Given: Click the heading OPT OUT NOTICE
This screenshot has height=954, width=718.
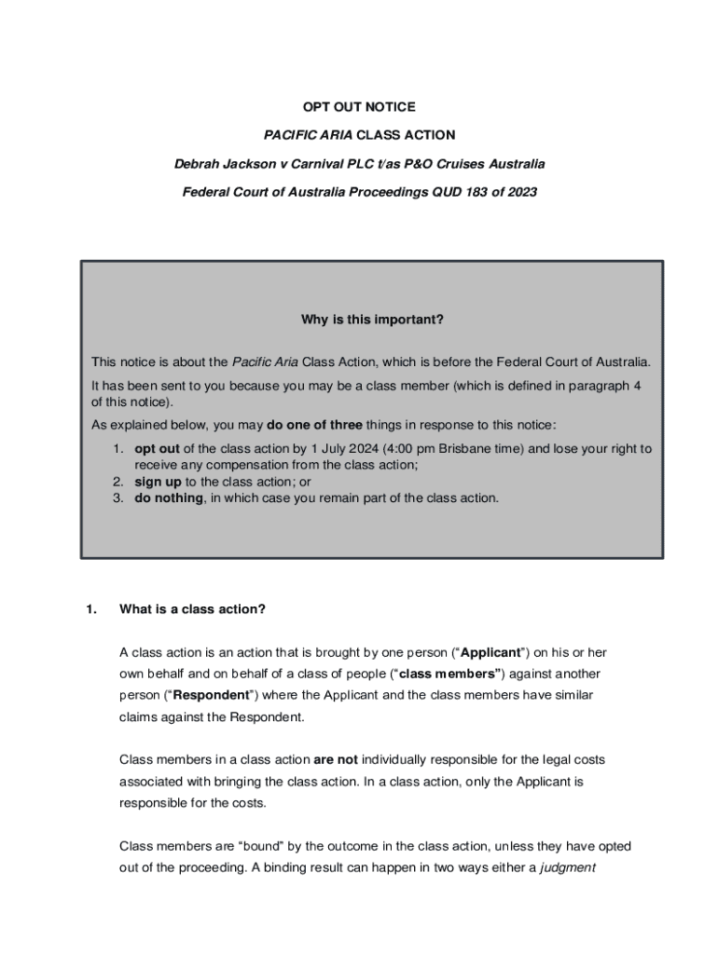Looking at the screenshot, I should (x=359, y=107).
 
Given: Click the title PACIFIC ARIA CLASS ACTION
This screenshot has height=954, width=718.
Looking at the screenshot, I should (x=359, y=135).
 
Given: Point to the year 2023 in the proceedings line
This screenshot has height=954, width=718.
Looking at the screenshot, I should (x=520, y=193).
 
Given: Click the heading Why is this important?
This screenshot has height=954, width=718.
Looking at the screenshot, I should (x=372, y=320).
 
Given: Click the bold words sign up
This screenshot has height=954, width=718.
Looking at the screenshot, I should (x=159, y=482).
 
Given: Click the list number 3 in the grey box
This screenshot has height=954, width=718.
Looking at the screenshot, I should (x=118, y=497).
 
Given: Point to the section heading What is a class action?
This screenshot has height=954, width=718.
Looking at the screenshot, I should (x=192, y=609).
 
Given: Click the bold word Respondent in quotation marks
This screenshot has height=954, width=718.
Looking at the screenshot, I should (x=213, y=695).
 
